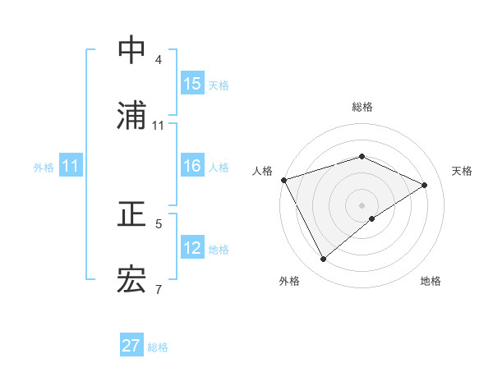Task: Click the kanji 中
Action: [x=132, y=50]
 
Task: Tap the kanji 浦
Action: [x=132, y=116]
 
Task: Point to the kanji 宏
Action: [x=132, y=280]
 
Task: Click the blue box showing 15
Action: [x=192, y=84]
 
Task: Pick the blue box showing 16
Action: [x=192, y=167]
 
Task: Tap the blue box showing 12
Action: [x=192, y=249]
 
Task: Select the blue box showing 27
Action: [x=131, y=346]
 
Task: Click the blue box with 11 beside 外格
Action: [x=71, y=167]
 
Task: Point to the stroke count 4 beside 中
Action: [x=159, y=60]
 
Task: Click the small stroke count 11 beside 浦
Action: [x=159, y=126]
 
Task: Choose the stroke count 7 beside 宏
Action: [x=159, y=289]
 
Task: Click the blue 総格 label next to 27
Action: [x=158, y=347]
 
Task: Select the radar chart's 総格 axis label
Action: [x=362, y=107]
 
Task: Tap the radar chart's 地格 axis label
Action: [x=431, y=282]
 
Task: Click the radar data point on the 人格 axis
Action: [x=283, y=180]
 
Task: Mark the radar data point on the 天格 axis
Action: [x=425, y=185]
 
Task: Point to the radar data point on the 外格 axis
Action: [x=324, y=260]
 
